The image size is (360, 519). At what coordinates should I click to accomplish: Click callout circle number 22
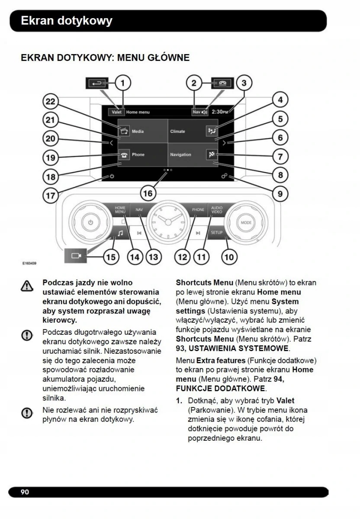(x=51, y=102)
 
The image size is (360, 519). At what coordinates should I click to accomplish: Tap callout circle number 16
(x=148, y=193)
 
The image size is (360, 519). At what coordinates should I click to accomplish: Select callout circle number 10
(x=229, y=257)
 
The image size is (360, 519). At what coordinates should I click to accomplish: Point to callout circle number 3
(x=244, y=83)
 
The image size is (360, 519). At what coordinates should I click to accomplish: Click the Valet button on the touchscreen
(x=116, y=112)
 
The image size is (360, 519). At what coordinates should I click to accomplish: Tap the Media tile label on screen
(x=138, y=131)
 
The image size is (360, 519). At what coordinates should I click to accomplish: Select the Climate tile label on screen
(x=177, y=131)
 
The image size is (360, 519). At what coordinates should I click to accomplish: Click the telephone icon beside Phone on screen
(x=124, y=155)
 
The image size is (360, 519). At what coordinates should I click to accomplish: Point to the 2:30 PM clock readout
(x=219, y=112)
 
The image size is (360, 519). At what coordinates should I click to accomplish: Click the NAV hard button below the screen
(x=139, y=209)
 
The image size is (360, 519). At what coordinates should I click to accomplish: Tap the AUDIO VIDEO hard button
(x=217, y=210)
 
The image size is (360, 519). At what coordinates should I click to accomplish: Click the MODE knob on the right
(x=246, y=223)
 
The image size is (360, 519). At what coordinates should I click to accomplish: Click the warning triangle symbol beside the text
(x=27, y=286)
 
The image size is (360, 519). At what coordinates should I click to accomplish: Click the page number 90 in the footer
(x=25, y=492)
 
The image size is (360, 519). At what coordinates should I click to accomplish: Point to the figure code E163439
(x=29, y=263)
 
